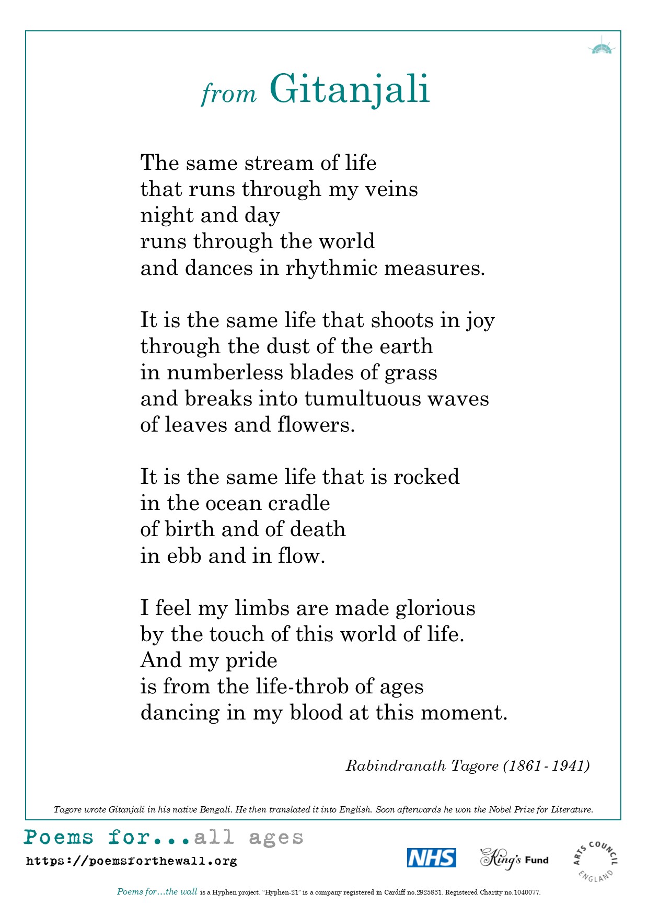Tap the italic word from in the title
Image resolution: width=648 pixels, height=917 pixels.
tap(229, 94)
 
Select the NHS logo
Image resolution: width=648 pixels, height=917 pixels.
tap(431, 857)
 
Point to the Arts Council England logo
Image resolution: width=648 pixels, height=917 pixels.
tap(595, 861)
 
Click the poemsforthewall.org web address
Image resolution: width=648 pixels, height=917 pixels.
tap(131, 861)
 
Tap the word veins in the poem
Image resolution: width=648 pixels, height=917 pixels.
tap(391, 189)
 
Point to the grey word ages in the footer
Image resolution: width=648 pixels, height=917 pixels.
tap(276, 838)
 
